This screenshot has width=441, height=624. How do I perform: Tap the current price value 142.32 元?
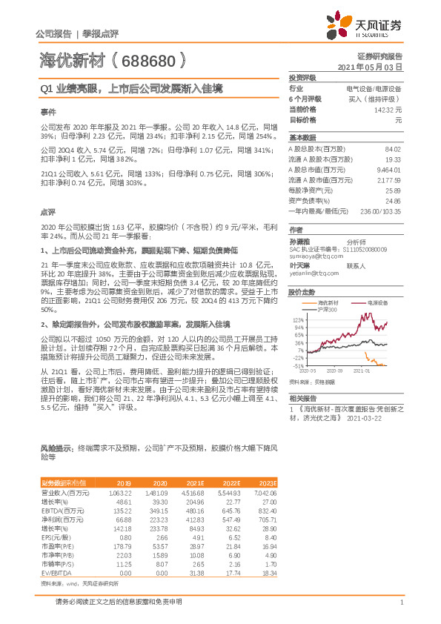390,109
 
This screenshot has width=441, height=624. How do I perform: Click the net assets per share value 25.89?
393,190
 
